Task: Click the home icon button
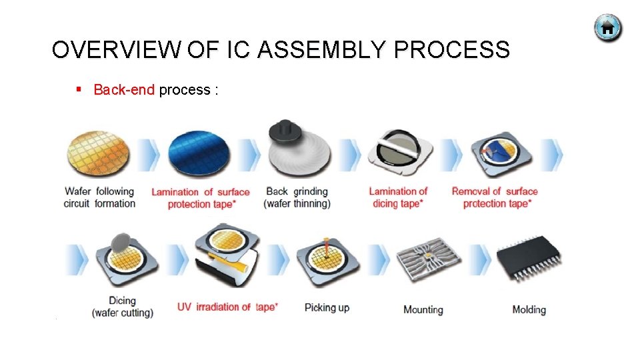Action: pos(608,28)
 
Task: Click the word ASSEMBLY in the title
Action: pos(321,49)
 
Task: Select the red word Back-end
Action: pos(124,89)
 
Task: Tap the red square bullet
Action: pos(79,89)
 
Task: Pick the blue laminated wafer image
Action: pos(199,153)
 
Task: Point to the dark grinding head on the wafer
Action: pos(285,131)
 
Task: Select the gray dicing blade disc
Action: pos(121,243)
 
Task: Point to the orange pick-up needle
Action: pos(326,247)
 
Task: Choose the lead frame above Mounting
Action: pos(429,259)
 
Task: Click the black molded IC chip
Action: pos(529,257)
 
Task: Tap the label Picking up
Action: pos(327,308)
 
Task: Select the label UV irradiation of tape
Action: pos(228,307)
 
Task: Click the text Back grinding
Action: pos(297,191)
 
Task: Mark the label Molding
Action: pos(529,310)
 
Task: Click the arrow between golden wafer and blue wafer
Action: pos(149,155)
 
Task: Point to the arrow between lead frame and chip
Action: pos(480,259)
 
